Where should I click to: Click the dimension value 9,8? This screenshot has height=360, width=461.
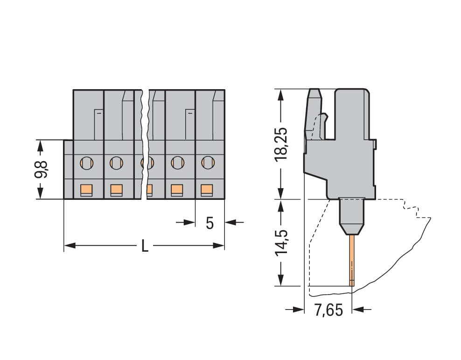pos(41,169)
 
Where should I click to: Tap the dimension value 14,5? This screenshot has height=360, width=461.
pos(280,242)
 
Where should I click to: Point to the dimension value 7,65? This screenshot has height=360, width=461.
pos(328,310)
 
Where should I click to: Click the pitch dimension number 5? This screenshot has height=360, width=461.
pos(210,223)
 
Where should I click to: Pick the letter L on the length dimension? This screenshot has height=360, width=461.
pos(145,246)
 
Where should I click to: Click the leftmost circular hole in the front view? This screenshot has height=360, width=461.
pos(87,162)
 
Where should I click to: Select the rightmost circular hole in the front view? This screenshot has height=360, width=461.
pos(207,162)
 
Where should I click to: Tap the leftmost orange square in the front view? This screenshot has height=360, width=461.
pos(86,189)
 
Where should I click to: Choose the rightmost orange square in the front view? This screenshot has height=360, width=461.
pos(207,189)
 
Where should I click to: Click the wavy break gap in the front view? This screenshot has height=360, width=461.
pos(144,140)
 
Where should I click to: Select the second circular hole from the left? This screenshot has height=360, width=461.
pos(116,162)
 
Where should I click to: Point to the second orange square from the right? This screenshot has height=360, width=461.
pos(176,189)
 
